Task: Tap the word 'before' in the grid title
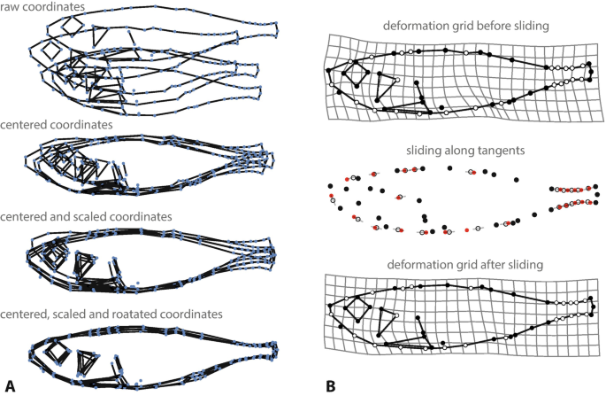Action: click(x=488, y=27)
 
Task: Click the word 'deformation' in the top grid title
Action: click(x=415, y=27)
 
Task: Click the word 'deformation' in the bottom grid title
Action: click(x=414, y=265)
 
